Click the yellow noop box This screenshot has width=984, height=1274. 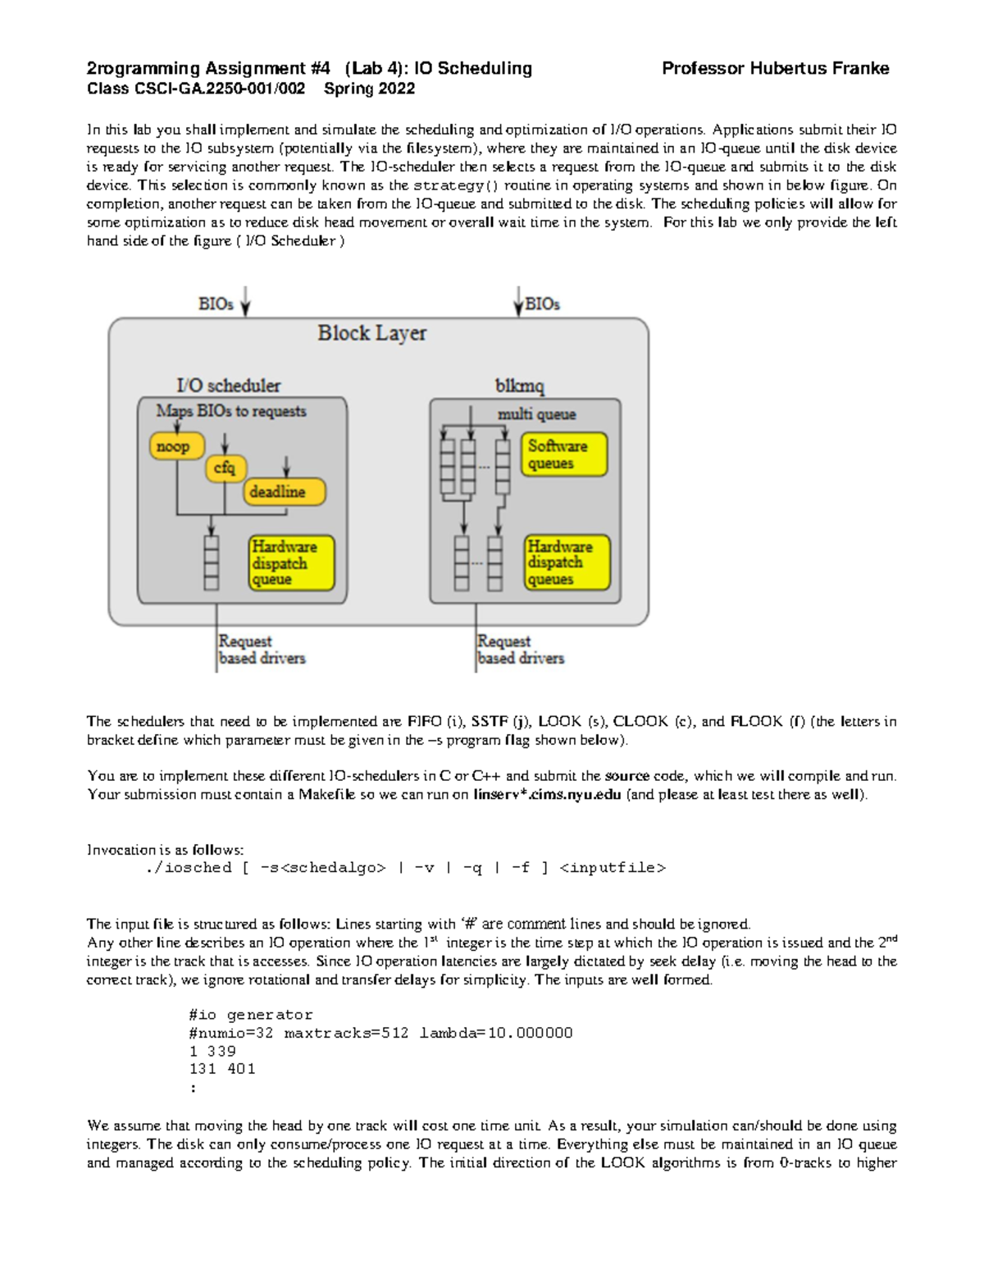click(x=175, y=446)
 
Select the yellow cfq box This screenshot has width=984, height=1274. click(x=225, y=468)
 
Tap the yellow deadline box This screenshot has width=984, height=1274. click(x=284, y=491)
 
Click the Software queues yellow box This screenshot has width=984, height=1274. click(x=563, y=454)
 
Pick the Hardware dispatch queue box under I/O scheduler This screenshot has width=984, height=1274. click(x=292, y=563)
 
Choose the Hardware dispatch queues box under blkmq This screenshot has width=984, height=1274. click(x=567, y=563)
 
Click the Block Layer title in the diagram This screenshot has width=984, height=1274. click(x=371, y=333)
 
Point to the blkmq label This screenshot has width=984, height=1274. click(x=519, y=386)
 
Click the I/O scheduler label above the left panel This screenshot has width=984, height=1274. click(x=228, y=386)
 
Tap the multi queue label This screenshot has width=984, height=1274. click(x=536, y=414)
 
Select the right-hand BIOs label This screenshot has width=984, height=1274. click(x=542, y=304)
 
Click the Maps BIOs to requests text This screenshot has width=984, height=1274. click(x=231, y=411)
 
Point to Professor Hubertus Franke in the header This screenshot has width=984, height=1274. click(x=775, y=69)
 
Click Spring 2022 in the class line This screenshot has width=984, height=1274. click(x=369, y=89)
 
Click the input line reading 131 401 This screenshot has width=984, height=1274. click(x=222, y=1069)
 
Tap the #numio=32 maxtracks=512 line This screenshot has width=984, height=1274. click(x=380, y=1033)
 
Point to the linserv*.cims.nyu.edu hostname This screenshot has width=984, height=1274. click(x=547, y=794)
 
